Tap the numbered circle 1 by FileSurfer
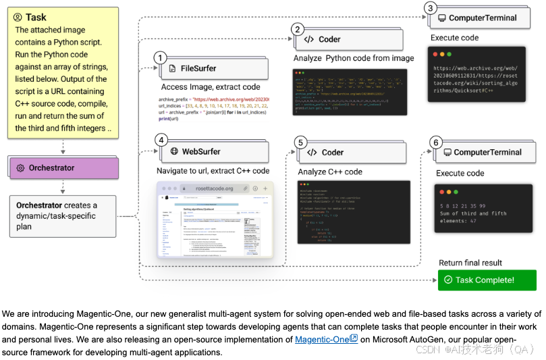point(160,58)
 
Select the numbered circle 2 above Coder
point(298,29)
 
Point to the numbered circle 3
point(431,8)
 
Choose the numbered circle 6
point(437,143)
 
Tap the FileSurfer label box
point(209,69)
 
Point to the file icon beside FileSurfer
point(173,69)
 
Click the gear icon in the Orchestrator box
point(20,168)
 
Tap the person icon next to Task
point(17,18)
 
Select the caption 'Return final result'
point(470,263)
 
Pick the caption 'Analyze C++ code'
point(330,172)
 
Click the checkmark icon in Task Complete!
point(448,280)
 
